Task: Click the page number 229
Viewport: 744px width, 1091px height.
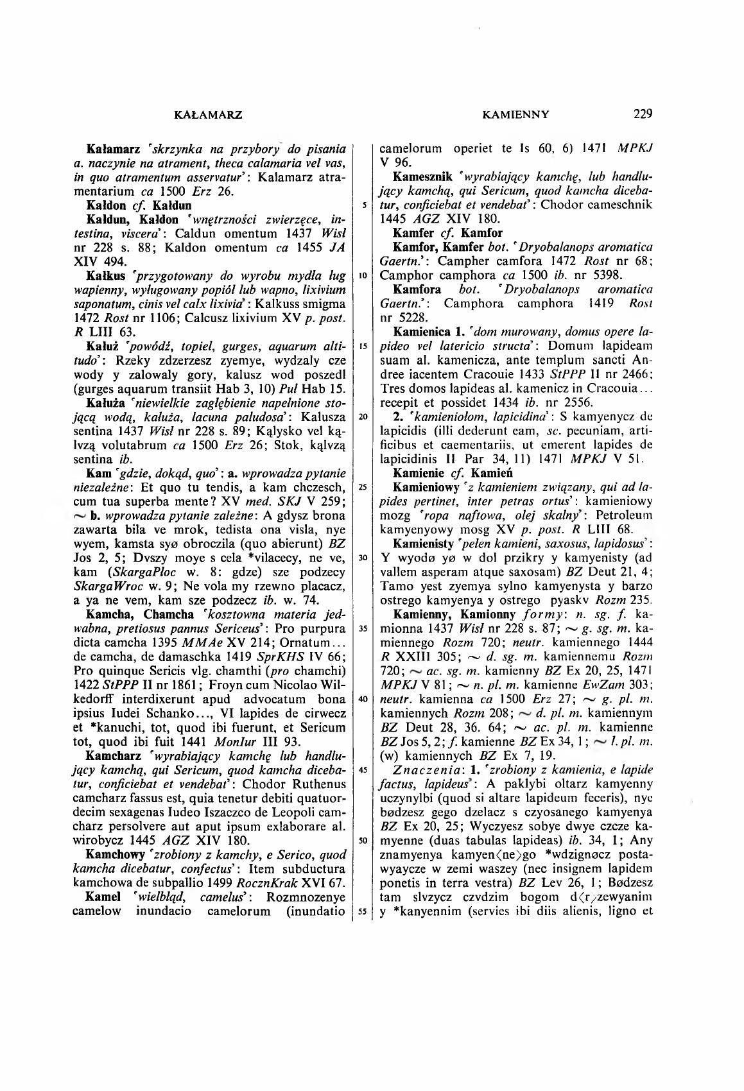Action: pos(643,115)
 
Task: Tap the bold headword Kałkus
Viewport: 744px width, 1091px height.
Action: pos(103,275)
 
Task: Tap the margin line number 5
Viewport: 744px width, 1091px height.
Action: pos(364,205)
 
